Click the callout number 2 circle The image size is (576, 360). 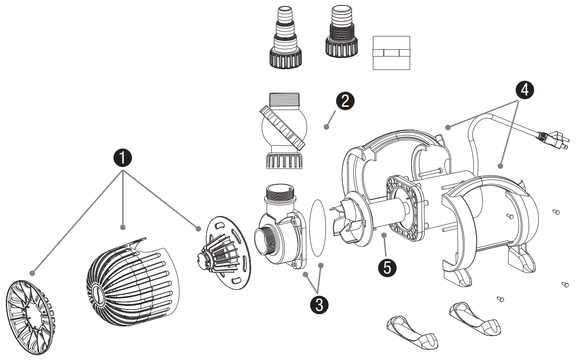(x=344, y=100)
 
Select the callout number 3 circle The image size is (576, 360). (x=319, y=305)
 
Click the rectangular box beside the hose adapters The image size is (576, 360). (x=391, y=53)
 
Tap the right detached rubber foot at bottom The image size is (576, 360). (x=475, y=319)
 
